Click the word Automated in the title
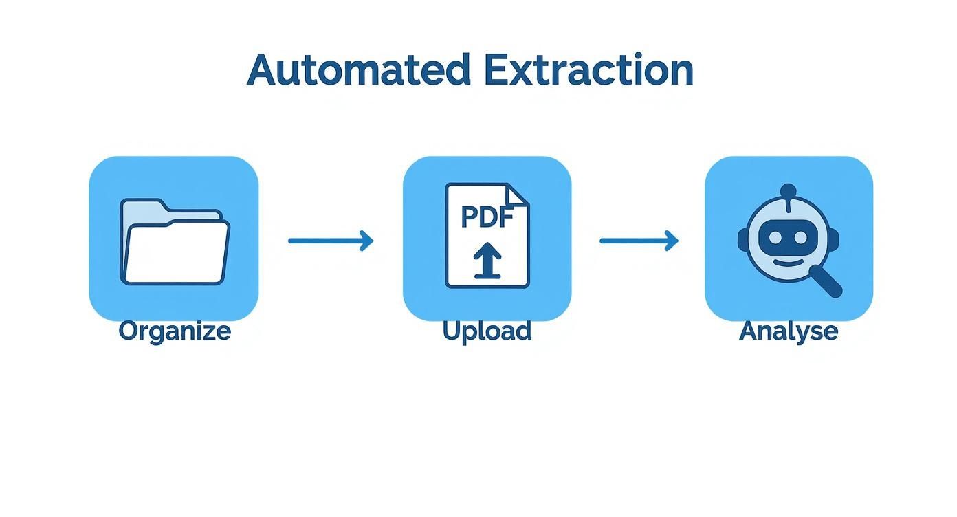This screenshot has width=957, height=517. (358, 70)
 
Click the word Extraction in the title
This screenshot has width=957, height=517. (588, 70)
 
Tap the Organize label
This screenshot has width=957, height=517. (175, 331)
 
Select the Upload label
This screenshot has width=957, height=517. (487, 331)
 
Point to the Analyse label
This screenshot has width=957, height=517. (789, 331)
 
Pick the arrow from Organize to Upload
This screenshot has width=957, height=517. (330, 241)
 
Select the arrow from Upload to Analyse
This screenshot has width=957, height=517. (639, 241)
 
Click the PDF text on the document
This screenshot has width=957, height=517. (487, 217)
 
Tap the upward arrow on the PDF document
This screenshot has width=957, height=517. (487, 262)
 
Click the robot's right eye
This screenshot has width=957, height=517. (800, 237)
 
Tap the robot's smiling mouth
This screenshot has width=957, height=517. (787, 262)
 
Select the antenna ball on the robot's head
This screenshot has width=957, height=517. (789, 190)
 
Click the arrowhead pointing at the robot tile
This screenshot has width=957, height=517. (672, 241)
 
